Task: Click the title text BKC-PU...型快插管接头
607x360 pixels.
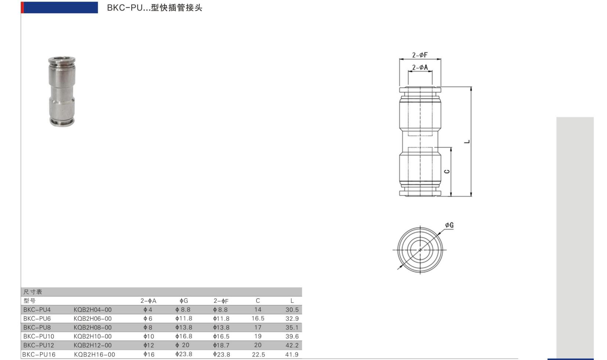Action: coord(155,8)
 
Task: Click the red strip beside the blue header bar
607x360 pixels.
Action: coord(22,8)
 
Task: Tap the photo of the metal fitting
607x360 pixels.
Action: coord(62,91)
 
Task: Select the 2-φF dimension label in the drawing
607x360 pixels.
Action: coord(420,55)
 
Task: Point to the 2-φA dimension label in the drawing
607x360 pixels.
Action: coord(420,68)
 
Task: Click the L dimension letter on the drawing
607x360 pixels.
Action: coord(467,142)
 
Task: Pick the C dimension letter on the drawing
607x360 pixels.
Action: coord(446,171)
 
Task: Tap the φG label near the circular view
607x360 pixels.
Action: coord(449,225)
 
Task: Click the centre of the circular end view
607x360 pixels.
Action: coord(420,250)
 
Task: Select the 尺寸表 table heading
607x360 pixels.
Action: coord(33,292)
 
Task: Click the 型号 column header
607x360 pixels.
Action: coord(29,301)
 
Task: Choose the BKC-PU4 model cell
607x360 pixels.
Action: coord(37,310)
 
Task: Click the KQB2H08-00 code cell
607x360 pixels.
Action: coord(92,327)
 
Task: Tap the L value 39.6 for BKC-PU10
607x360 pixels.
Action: coord(292,336)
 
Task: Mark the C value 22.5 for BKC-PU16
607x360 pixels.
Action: coord(258,354)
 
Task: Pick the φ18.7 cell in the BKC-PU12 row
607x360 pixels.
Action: coord(221,345)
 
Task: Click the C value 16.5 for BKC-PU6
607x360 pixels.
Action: coord(258,319)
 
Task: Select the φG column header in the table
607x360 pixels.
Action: coord(183,301)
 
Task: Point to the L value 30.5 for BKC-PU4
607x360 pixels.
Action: coord(292,310)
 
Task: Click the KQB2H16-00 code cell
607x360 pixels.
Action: coord(94,354)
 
